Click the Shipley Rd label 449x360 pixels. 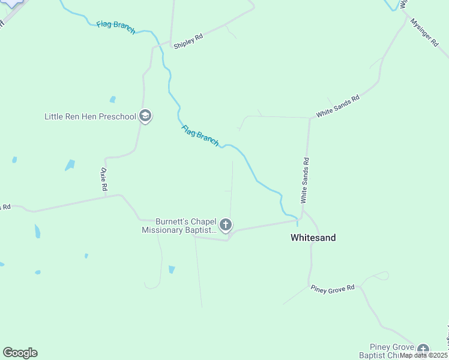[x=188, y=41]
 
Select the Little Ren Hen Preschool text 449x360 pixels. [x=91, y=116]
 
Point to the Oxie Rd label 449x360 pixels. [x=103, y=179]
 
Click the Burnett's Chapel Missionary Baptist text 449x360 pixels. [x=178, y=226]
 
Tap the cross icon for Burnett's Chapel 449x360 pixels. [x=226, y=225]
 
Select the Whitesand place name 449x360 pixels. [x=313, y=238]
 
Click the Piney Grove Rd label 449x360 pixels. [x=333, y=289]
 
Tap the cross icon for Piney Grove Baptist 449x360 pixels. [x=423, y=350]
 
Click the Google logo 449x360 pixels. [x=20, y=353]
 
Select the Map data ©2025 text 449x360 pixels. [x=424, y=355]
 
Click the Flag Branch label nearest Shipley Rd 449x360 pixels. [x=116, y=28]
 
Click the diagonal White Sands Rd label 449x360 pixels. [x=338, y=106]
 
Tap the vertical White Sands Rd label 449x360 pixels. [x=305, y=179]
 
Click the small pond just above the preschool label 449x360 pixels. [x=112, y=100]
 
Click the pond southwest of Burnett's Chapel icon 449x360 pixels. [x=172, y=269]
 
